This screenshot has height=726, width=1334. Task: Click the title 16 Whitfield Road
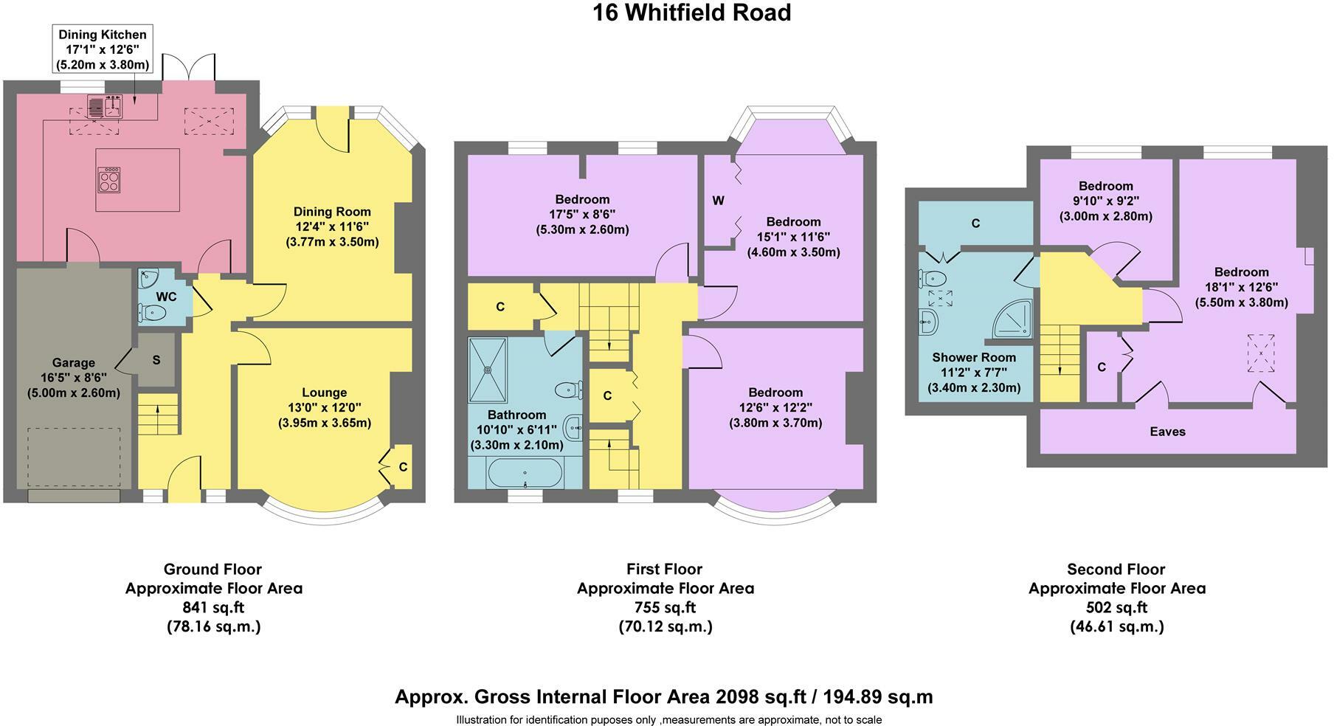pos(691,13)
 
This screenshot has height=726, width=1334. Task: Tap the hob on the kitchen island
pos(109,180)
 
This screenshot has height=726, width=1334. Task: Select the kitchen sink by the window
pos(105,108)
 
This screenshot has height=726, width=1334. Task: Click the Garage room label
pos(74,362)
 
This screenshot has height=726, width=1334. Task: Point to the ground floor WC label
pos(166,297)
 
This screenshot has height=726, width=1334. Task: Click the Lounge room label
pos(325,393)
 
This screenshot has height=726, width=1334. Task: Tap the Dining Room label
pos(332,212)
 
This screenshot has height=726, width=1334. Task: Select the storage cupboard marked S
pos(156,359)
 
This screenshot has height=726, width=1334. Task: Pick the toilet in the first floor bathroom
pos(567,390)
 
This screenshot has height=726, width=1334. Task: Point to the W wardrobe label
pos(718,201)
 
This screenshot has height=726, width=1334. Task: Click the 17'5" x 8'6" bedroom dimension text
pos(583,215)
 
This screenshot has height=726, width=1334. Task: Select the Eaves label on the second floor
pos(1167,432)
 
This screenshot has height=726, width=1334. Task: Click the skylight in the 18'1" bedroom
pos(1261,355)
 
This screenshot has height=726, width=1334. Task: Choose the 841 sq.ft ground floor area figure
pos(213,608)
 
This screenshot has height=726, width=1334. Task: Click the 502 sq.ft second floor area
pos(1116,608)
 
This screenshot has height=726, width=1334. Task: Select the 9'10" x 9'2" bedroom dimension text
pos(1105,201)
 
